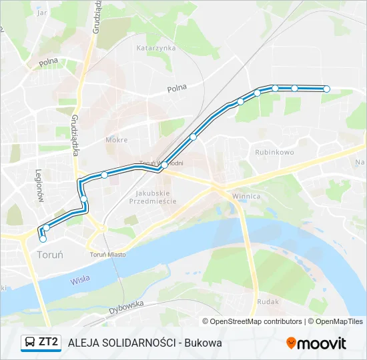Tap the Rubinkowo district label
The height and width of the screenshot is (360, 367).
coord(274,152)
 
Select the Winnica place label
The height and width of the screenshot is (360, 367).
coord(246,197)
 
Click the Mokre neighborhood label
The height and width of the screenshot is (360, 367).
coord(116,140)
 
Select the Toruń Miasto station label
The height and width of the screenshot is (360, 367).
coord(108,254)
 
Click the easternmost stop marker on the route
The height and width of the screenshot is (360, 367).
coord(326,89)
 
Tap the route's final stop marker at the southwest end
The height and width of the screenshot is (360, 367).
coord(43,238)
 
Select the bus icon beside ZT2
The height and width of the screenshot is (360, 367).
coord(29,343)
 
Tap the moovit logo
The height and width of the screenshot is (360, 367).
coord(316,343)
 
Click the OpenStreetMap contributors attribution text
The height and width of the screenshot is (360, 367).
coord(256,321)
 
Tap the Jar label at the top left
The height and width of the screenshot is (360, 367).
coord(43,12)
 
